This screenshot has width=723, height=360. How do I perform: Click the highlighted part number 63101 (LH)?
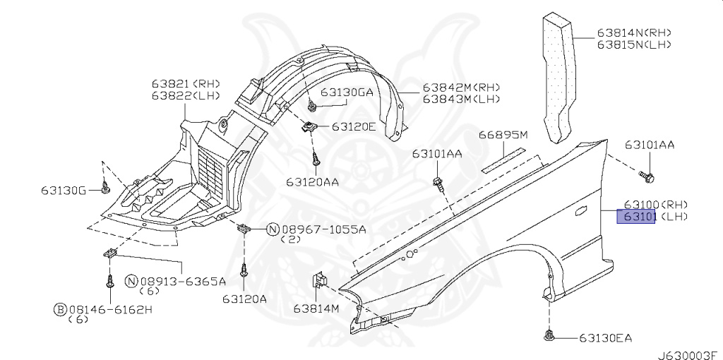[637, 216]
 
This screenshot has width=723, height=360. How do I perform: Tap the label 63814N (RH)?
[633, 32]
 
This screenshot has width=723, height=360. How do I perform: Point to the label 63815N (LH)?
[633, 44]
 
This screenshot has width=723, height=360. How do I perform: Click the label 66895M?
[503, 134]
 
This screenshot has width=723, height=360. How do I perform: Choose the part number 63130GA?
[347, 92]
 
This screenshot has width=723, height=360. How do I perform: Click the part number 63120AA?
[311, 181]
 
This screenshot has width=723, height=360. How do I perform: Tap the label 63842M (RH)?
[461, 88]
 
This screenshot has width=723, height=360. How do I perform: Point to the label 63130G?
[63, 191]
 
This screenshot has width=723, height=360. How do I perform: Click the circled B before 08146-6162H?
[61, 309]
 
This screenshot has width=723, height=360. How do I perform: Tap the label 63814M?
[317, 308]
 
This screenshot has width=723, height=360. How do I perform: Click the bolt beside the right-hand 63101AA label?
[645, 174]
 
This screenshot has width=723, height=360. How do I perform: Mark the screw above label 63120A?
[244, 269]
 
